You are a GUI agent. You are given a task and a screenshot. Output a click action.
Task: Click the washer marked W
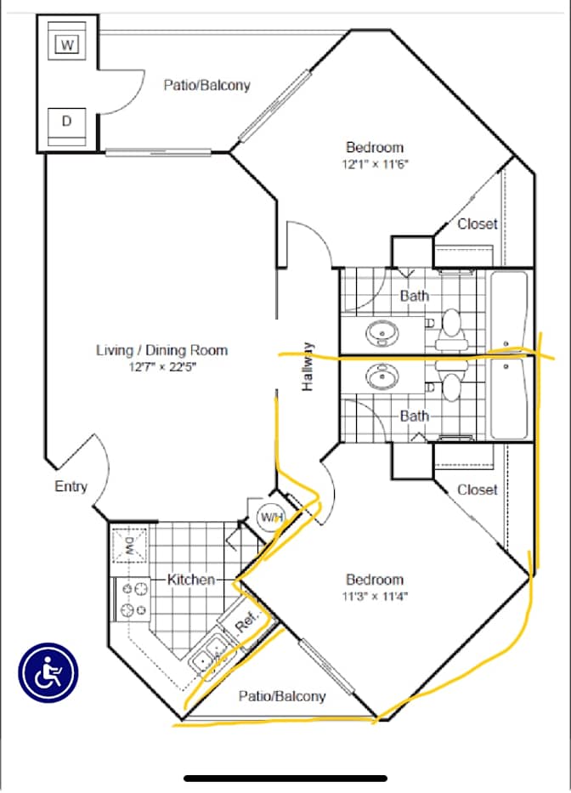[67, 45]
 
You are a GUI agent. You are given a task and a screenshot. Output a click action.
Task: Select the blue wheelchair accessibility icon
[48, 672]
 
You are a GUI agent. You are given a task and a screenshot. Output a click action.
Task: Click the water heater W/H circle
[272, 517]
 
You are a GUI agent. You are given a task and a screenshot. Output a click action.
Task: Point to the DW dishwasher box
[129, 545]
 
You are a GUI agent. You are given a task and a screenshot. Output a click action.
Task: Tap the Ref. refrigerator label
[246, 621]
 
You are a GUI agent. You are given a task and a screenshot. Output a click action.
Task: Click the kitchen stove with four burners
[133, 600]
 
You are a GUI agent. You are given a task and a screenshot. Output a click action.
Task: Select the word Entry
[71, 486]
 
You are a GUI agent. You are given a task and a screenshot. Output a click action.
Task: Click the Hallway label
[308, 366]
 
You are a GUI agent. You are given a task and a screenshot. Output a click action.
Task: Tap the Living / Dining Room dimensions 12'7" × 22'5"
[162, 366]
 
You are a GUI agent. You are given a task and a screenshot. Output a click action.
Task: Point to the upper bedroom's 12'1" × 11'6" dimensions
[375, 164]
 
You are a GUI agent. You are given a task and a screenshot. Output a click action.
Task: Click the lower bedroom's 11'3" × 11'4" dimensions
[375, 596]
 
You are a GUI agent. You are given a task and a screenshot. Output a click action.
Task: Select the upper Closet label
[478, 224]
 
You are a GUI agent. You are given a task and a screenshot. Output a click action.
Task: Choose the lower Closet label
[478, 490]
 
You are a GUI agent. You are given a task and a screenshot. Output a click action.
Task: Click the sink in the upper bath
[382, 334]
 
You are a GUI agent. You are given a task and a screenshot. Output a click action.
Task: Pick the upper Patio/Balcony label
[206, 84]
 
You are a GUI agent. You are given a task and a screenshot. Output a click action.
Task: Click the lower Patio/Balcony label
[282, 696]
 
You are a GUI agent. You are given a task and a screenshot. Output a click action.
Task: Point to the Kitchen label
[191, 579]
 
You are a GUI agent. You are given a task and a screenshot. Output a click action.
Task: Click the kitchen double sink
[212, 654]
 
